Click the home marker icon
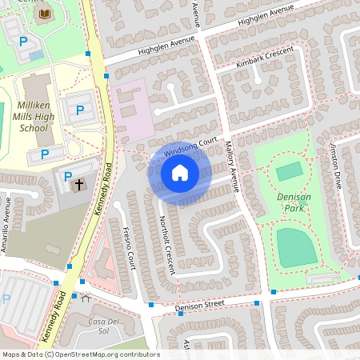tap(179, 172)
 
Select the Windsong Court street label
tap(190, 146)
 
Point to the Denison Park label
tap(293, 201)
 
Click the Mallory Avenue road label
tap(233, 167)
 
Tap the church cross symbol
tap(78, 185)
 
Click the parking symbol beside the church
tap(67, 176)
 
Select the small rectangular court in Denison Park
tap(289, 170)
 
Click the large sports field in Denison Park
tap(297, 246)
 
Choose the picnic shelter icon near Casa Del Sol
tap(85, 298)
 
